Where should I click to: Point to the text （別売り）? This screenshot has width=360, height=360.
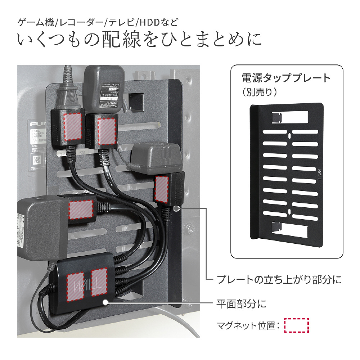coord(260,92)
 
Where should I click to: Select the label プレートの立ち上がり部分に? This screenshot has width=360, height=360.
coord(279,279)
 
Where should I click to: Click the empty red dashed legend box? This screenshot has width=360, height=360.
coord(297,325)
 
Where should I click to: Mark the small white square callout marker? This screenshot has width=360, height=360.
coord(176,209)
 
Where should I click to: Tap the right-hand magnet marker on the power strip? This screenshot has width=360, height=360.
coord(99,283)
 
